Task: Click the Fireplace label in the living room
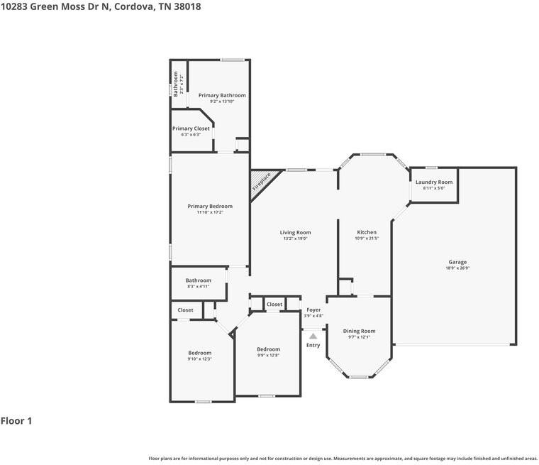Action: (x=262, y=182)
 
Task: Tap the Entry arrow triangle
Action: (x=313, y=337)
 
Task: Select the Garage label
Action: (x=457, y=262)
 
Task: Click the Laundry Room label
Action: (x=433, y=182)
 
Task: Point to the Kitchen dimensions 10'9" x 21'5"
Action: (x=367, y=239)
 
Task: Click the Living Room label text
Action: (x=295, y=232)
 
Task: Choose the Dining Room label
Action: (x=359, y=331)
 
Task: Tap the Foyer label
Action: (x=313, y=310)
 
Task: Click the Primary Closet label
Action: (x=191, y=128)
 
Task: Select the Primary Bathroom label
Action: (x=222, y=95)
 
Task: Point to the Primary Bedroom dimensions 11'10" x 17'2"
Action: (x=210, y=212)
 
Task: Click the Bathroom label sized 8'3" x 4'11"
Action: (x=199, y=280)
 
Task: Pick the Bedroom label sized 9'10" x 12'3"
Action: (x=200, y=353)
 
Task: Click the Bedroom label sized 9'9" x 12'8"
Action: (x=268, y=349)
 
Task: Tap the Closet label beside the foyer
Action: (x=274, y=305)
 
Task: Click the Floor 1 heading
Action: (x=16, y=421)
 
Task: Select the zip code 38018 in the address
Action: (x=186, y=6)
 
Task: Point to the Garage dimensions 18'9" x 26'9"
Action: (x=457, y=268)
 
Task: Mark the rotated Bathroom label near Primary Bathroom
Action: (x=176, y=83)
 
